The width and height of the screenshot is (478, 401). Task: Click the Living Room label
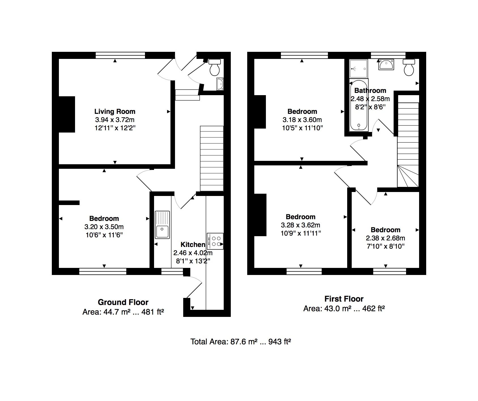click(x=115, y=111)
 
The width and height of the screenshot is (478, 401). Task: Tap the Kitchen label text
click(x=193, y=244)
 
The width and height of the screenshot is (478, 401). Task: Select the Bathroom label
click(x=370, y=91)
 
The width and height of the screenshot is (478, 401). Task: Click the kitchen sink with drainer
click(x=162, y=225)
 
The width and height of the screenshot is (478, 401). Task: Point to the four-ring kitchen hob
click(x=215, y=241)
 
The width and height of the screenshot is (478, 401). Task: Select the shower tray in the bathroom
click(x=358, y=69)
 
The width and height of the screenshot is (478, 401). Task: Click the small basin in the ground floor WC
click(x=220, y=84)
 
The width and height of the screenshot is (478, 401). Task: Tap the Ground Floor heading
click(x=123, y=302)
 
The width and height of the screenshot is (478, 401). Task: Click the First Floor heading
click(x=344, y=299)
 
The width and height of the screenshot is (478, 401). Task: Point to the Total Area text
click(x=241, y=342)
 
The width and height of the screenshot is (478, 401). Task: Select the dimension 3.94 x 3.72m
click(x=115, y=120)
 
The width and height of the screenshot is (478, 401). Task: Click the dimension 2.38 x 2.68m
click(x=385, y=238)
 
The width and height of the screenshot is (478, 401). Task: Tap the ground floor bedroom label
click(x=104, y=218)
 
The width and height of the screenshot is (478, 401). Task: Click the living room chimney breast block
click(x=67, y=114)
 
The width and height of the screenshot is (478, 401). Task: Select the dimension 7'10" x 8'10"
click(x=385, y=246)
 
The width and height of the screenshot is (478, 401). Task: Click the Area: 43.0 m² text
click(x=344, y=308)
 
